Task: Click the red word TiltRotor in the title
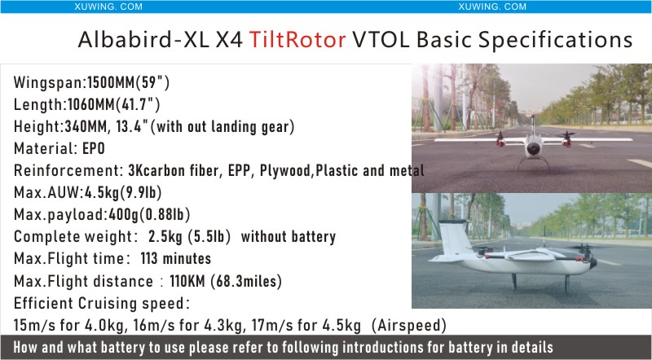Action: click(297, 40)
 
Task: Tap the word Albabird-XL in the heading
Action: click(143, 40)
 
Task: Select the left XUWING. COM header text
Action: click(108, 7)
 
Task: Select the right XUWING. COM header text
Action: click(492, 7)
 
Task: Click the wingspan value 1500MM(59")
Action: click(128, 83)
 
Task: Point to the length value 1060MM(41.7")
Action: click(113, 104)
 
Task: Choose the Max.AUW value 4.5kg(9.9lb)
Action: click(123, 192)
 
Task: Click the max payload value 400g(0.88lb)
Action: click(149, 214)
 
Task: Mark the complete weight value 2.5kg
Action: click(165, 236)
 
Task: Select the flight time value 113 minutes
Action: click(176, 258)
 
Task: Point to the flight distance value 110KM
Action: click(187, 281)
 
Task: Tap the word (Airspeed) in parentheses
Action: click(409, 325)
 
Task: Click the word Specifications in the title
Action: click(555, 40)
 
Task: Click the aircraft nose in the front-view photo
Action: click(534, 149)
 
